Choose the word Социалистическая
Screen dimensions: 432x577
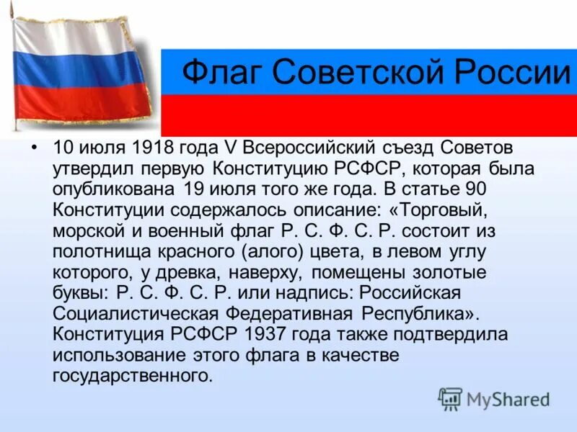click(137, 314)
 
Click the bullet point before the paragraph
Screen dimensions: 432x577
click(33, 148)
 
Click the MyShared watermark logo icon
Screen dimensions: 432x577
click(450, 397)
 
